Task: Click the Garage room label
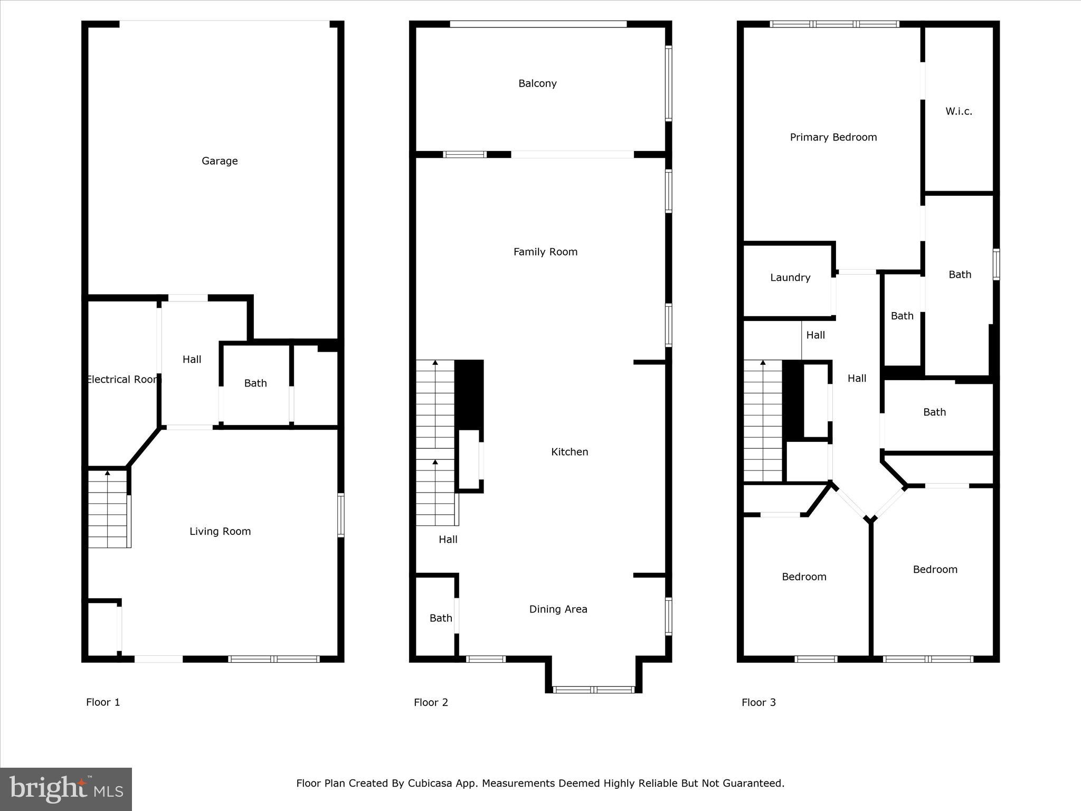click(x=220, y=161)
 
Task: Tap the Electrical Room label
click(x=122, y=380)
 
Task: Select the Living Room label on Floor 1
click(x=220, y=532)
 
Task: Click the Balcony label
click(x=537, y=83)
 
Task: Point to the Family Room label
click(x=545, y=252)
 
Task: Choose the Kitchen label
click(x=570, y=452)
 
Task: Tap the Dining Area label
click(x=558, y=609)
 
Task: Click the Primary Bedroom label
click(x=833, y=137)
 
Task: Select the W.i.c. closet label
click(x=959, y=111)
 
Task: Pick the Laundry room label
click(x=790, y=278)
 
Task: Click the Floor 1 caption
click(x=103, y=702)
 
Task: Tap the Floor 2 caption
click(x=431, y=702)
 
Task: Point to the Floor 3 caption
click(x=758, y=702)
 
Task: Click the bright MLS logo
click(x=66, y=789)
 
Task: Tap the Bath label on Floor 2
click(x=440, y=618)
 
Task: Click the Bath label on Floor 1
click(x=255, y=383)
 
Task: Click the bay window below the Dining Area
click(x=593, y=689)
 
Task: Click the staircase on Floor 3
click(x=763, y=422)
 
